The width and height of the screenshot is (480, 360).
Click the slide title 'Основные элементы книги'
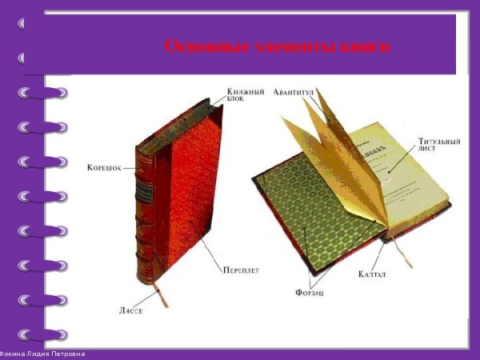[x=277, y=46]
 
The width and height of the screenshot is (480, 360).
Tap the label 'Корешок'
[x=104, y=168]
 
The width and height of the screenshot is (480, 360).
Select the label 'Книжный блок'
[x=245, y=94]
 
